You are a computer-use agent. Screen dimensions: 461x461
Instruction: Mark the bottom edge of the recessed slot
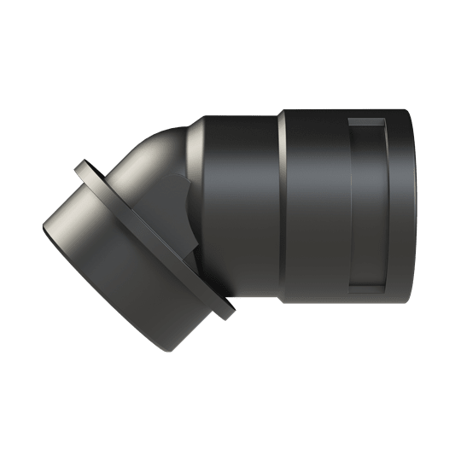[x=369, y=294]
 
